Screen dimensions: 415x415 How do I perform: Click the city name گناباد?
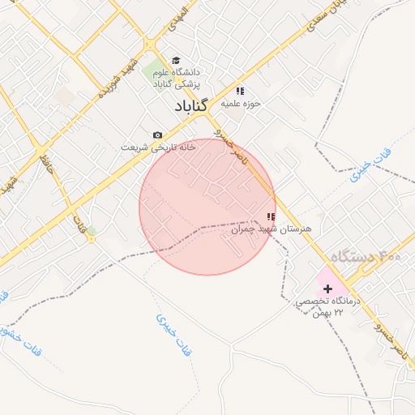tap(191, 106)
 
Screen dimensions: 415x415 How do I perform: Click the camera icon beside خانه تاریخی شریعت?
tap(157, 135)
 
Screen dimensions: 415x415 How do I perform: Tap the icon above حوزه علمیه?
tap(240, 91)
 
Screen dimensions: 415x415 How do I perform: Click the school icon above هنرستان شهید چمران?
tap(271, 216)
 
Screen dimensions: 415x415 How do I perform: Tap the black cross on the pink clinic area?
tap(327, 289)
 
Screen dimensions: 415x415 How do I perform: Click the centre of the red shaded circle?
tap(207, 207)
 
